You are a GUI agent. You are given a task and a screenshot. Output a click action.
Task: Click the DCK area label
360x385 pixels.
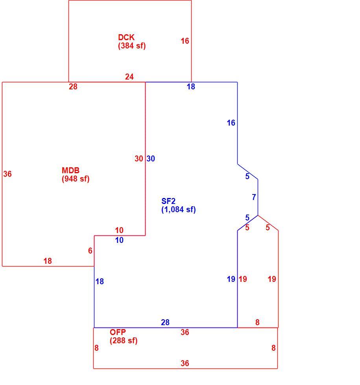tap(126, 37)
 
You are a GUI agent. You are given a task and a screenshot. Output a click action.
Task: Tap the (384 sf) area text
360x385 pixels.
tap(132, 46)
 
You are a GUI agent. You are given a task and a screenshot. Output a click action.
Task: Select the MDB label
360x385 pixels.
tap(70, 170)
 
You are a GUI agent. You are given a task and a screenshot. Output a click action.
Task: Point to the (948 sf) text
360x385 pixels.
tap(76, 179)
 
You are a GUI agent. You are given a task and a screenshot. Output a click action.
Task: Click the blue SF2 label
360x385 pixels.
tap(168, 201)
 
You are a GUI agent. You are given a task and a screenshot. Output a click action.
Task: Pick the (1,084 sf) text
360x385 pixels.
tap(178, 210)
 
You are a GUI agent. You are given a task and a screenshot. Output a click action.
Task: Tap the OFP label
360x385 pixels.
tap(118, 332)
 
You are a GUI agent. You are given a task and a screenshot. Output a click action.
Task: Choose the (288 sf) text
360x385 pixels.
tap(124, 341)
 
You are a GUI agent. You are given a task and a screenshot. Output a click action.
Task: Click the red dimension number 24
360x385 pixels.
tap(129, 77)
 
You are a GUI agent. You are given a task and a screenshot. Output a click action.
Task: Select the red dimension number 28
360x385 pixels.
tap(73, 87)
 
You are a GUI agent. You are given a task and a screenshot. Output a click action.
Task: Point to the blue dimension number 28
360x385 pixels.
tap(165, 322)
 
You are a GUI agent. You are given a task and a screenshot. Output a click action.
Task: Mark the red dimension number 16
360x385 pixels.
tap(185, 41)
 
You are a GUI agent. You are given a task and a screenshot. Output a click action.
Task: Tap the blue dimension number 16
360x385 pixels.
tap(231, 123)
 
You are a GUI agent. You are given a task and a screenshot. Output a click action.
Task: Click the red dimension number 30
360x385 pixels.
tap(138, 159)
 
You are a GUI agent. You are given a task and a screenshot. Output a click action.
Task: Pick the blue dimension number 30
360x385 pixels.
tap(151, 159)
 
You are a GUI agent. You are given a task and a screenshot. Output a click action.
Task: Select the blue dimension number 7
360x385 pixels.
tap(254, 197)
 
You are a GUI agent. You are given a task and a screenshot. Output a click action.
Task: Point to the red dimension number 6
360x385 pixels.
tap(90, 251)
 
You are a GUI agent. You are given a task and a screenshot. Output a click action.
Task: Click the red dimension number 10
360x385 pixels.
tap(119, 230)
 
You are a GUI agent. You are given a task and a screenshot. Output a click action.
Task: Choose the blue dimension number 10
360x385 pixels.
tap(119, 240)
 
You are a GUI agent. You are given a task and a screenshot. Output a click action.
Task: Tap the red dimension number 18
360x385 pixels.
tap(48, 261)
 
